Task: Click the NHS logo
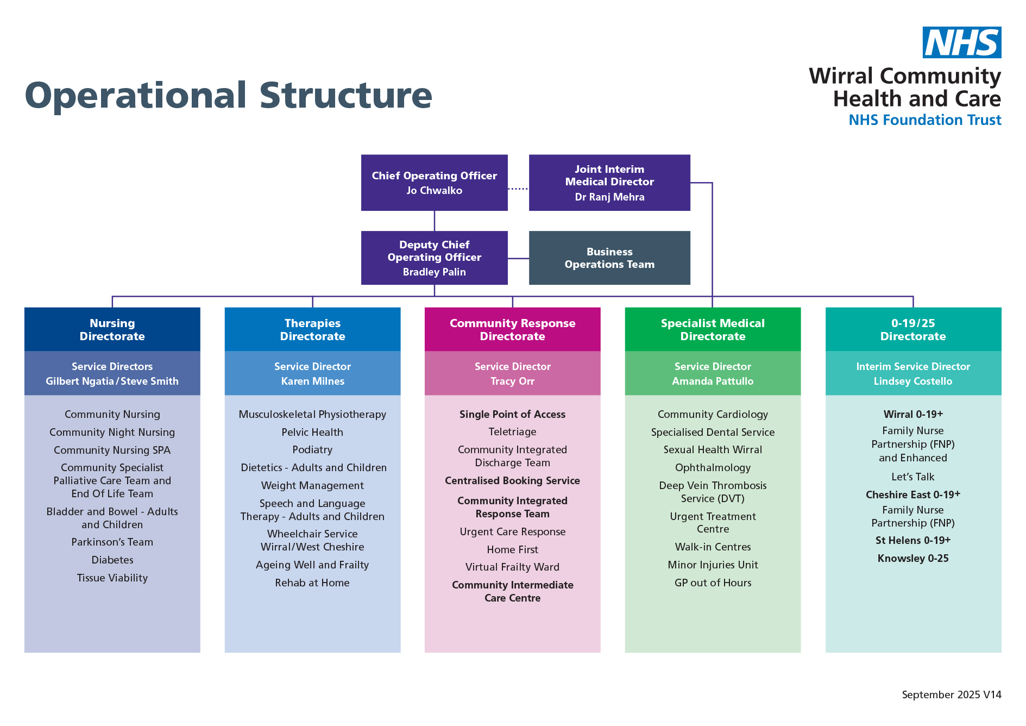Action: pos(961,42)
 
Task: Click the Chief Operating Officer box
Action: pos(434,183)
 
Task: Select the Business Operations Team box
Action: pos(609,258)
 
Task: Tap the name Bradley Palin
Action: pos(434,272)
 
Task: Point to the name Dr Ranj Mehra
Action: pos(609,197)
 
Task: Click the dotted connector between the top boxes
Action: pos(518,189)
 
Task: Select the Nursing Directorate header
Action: pos(112,329)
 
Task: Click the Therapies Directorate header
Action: pos(312,329)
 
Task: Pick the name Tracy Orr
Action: pos(512,381)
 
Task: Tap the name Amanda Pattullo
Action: pos(712,381)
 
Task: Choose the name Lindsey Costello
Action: pos(912,381)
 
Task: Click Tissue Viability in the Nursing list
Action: pos(112,578)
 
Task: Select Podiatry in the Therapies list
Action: pos(312,450)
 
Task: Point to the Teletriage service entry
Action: pos(512,432)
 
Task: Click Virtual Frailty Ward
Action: pos(512,567)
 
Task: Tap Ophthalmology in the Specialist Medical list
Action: pos(712,468)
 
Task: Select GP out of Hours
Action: pos(712,583)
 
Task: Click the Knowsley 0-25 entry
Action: pos(912,559)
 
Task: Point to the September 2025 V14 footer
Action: pos(951,695)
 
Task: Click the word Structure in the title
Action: pos(345,96)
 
